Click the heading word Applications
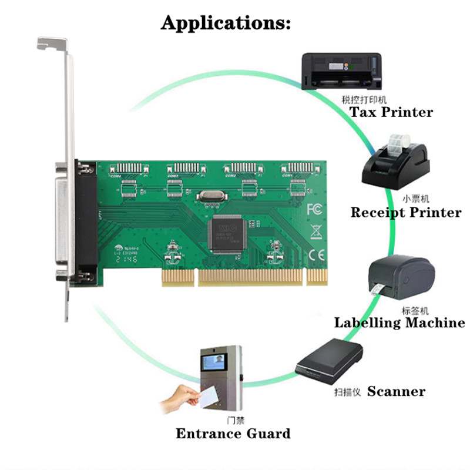tap(226, 23)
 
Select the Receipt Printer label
tap(405, 212)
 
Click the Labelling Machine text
tap(399, 322)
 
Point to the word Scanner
tap(396, 391)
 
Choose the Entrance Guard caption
tap(233, 434)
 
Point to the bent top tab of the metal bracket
tap(52, 42)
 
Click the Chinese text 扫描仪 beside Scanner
tap(343, 391)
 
